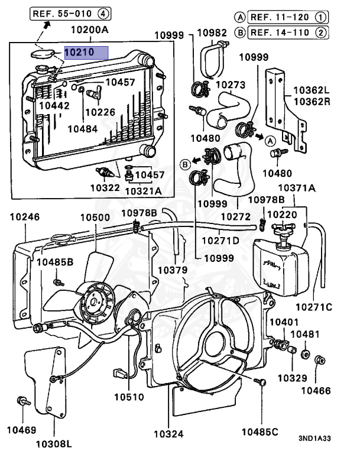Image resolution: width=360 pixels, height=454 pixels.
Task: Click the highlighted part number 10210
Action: click(x=86, y=53)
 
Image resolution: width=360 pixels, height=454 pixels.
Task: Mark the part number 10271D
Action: click(x=220, y=241)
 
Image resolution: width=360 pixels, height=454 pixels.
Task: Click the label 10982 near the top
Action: click(x=212, y=34)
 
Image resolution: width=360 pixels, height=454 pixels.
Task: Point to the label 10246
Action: click(x=24, y=218)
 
